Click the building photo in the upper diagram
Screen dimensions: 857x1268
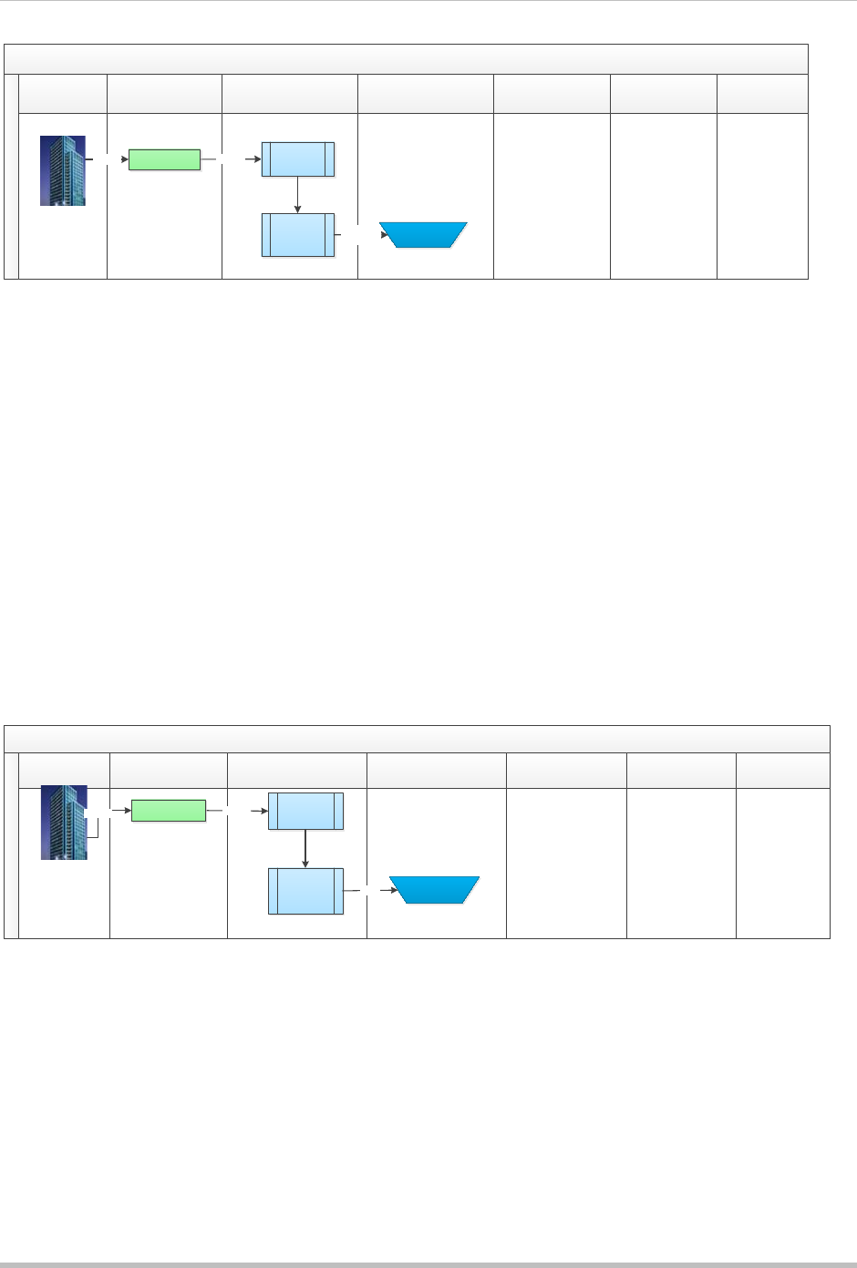pyautogui.click(x=63, y=170)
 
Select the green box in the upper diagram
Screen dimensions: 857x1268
pyautogui.click(x=164, y=159)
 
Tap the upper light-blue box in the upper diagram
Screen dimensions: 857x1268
pyautogui.click(x=298, y=159)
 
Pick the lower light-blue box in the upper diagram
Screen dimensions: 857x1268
pyautogui.click(x=298, y=235)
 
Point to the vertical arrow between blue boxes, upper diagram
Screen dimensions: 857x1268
pyautogui.click(x=298, y=195)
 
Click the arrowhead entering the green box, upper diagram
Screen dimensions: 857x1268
pyautogui.click(x=125, y=159)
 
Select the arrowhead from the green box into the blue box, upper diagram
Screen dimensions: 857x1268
pyautogui.click(x=258, y=159)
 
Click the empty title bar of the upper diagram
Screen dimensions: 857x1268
pyautogui.click(x=407, y=59)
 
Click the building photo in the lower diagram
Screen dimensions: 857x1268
pyautogui.click(x=64, y=823)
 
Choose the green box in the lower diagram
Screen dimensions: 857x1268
pyautogui.click(x=169, y=810)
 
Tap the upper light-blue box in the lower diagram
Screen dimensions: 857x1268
pyautogui.click(x=305, y=811)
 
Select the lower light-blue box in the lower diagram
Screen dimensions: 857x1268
pyautogui.click(x=305, y=891)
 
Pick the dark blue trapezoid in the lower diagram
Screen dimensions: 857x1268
pyautogui.click(x=435, y=890)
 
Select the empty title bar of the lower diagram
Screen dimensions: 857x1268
pyautogui.click(x=418, y=739)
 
